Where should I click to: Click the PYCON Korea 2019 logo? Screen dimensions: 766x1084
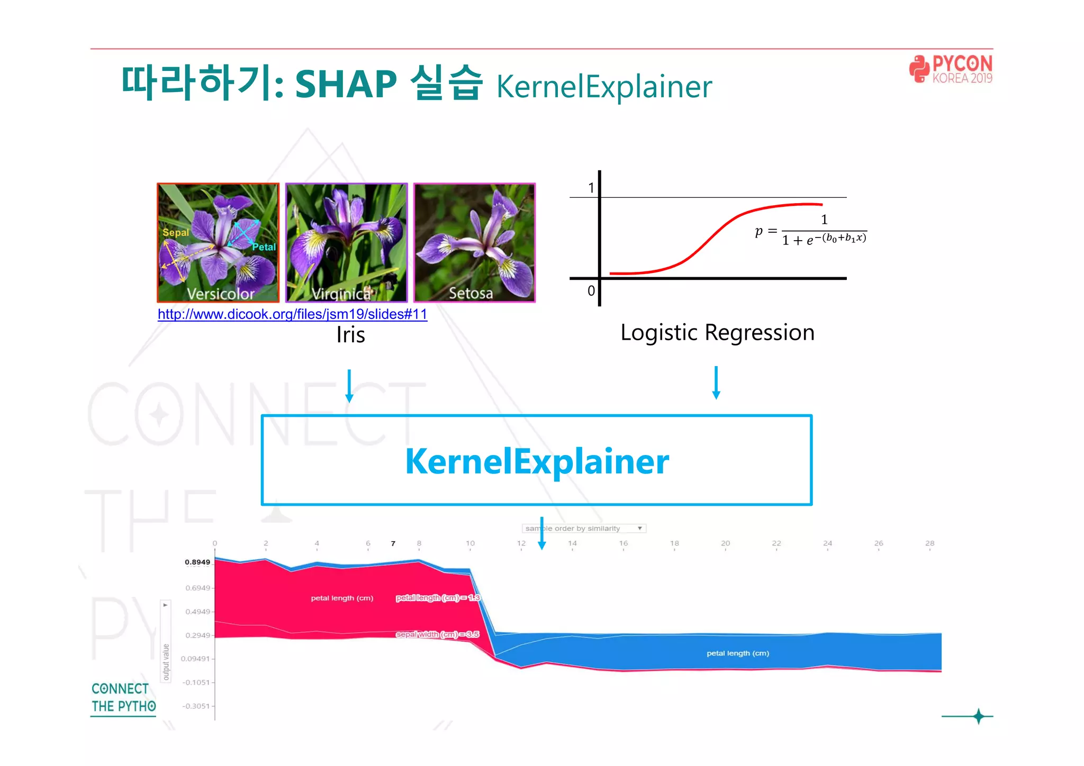click(951, 69)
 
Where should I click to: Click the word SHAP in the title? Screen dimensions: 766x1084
click(345, 85)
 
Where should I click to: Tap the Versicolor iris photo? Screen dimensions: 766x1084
click(218, 242)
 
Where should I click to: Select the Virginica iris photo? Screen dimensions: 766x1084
click(346, 242)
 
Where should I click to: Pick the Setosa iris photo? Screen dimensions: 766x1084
click(474, 242)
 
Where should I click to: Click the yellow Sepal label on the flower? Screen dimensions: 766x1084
click(175, 233)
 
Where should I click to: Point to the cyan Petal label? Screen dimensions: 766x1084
click(264, 247)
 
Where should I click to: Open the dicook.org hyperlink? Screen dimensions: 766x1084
click(292, 314)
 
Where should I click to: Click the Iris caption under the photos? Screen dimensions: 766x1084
click(350, 335)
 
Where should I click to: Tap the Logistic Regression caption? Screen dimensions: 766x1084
click(717, 333)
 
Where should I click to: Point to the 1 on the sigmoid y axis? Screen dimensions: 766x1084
click(591, 188)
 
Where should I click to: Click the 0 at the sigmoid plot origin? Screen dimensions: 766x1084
click(591, 290)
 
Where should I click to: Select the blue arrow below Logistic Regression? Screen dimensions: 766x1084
click(716, 382)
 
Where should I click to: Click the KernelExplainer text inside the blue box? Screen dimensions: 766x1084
click(537, 461)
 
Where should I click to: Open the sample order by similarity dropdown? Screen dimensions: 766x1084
click(583, 528)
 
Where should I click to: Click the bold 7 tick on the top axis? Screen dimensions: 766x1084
click(393, 543)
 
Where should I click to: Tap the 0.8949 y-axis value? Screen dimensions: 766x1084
click(197, 562)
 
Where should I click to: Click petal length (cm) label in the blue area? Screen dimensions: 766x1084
click(738, 653)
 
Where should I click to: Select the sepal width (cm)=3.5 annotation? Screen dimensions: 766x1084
click(437, 634)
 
